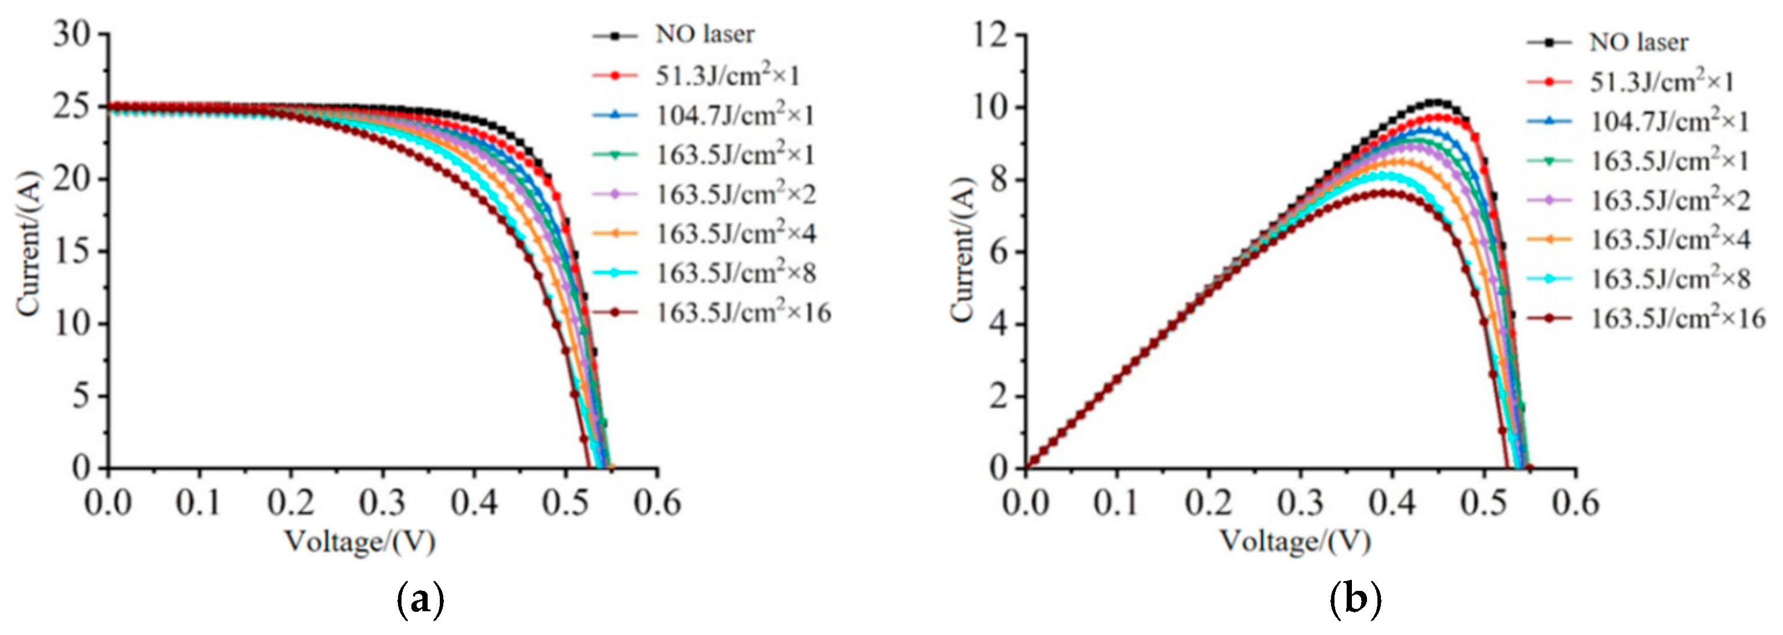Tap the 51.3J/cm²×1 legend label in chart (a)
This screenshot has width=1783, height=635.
tap(728, 75)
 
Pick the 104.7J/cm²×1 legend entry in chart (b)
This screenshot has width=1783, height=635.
tap(1669, 122)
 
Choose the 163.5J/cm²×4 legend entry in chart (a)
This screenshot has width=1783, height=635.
tap(736, 233)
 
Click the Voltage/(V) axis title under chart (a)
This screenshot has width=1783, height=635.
tap(360, 542)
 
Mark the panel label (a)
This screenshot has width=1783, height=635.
tap(420, 600)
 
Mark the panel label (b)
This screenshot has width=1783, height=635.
tap(1355, 600)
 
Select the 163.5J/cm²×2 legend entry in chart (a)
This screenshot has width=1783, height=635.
tap(736, 194)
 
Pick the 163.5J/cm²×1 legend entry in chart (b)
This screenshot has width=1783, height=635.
tap(1669, 161)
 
